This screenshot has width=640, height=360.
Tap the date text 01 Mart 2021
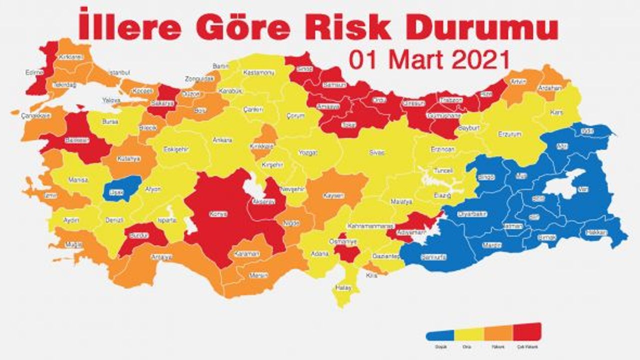click(428, 60)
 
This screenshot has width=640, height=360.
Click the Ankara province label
click(222, 139)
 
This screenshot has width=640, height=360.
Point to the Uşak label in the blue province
click(116, 192)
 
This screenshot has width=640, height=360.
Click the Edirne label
click(34, 72)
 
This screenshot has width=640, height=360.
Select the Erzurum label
click(509, 134)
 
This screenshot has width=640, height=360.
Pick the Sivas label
click(377, 152)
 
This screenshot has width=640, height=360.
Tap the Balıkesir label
click(78, 140)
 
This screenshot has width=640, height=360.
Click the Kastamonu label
click(258, 73)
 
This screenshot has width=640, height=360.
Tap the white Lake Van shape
click(562, 184)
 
